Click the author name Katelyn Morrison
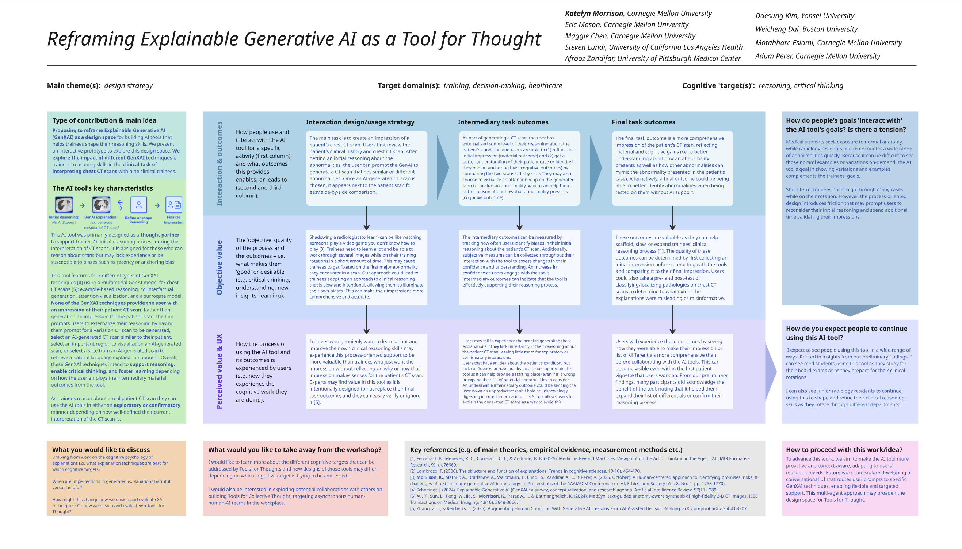[x=594, y=14]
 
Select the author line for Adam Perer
[x=817, y=56]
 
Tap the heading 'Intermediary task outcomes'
[x=503, y=122]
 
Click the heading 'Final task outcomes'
[x=643, y=122]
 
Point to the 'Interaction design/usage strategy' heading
[x=360, y=122]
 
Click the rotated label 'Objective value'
[x=219, y=267]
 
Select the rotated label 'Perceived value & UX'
[x=219, y=371]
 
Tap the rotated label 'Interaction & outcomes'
[x=219, y=163]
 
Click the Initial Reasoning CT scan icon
[x=64, y=205]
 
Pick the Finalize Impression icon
[x=173, y=205]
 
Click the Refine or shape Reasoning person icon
[x=138, y=205]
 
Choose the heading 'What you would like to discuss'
[x=101, y=449]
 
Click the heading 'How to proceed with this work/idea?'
[x=844, y=449]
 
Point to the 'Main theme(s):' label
[x=73, y=85]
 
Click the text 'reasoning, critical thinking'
[x=801, y=85]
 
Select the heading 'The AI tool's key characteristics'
[x=103, y=188]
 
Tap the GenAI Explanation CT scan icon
[x=101, y=205]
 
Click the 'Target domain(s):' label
[x=409, y=85]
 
